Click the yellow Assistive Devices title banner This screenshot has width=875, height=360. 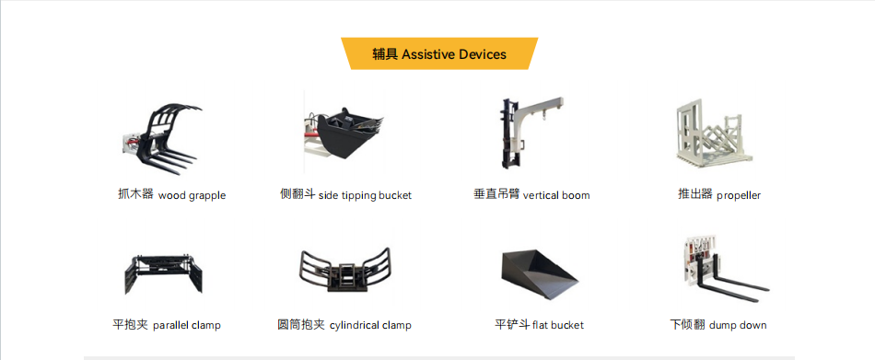pos(439,53)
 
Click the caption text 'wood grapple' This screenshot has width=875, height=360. pos(192,196)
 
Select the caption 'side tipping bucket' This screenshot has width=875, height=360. pos(365,195)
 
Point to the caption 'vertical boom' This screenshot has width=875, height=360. pos(556,195)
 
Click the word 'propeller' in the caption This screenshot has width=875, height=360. pos(739,196)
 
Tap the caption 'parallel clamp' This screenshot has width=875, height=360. pos(187,325)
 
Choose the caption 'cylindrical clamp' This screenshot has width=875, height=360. pos(370,325)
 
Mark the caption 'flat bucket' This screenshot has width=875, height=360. pos(558,325)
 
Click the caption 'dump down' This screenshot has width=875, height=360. pos(738,325)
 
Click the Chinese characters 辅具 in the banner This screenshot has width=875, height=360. pos(385,54)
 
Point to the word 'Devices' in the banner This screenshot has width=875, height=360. pos(483,54)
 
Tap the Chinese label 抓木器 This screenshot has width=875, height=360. pos(135,195)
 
